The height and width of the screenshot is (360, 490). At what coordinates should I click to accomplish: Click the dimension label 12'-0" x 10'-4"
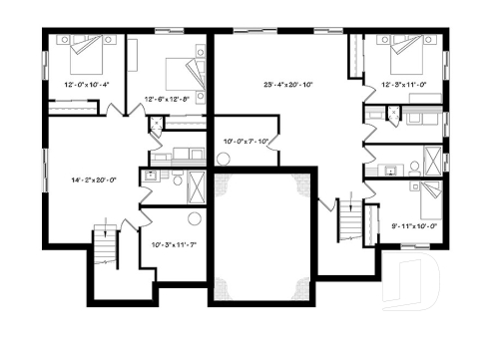(x=85, y=85)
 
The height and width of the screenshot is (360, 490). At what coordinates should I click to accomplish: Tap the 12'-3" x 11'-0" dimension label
(x=404, y=85)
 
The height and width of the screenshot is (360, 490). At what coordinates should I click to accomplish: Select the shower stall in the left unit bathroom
(x=197, y=185)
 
